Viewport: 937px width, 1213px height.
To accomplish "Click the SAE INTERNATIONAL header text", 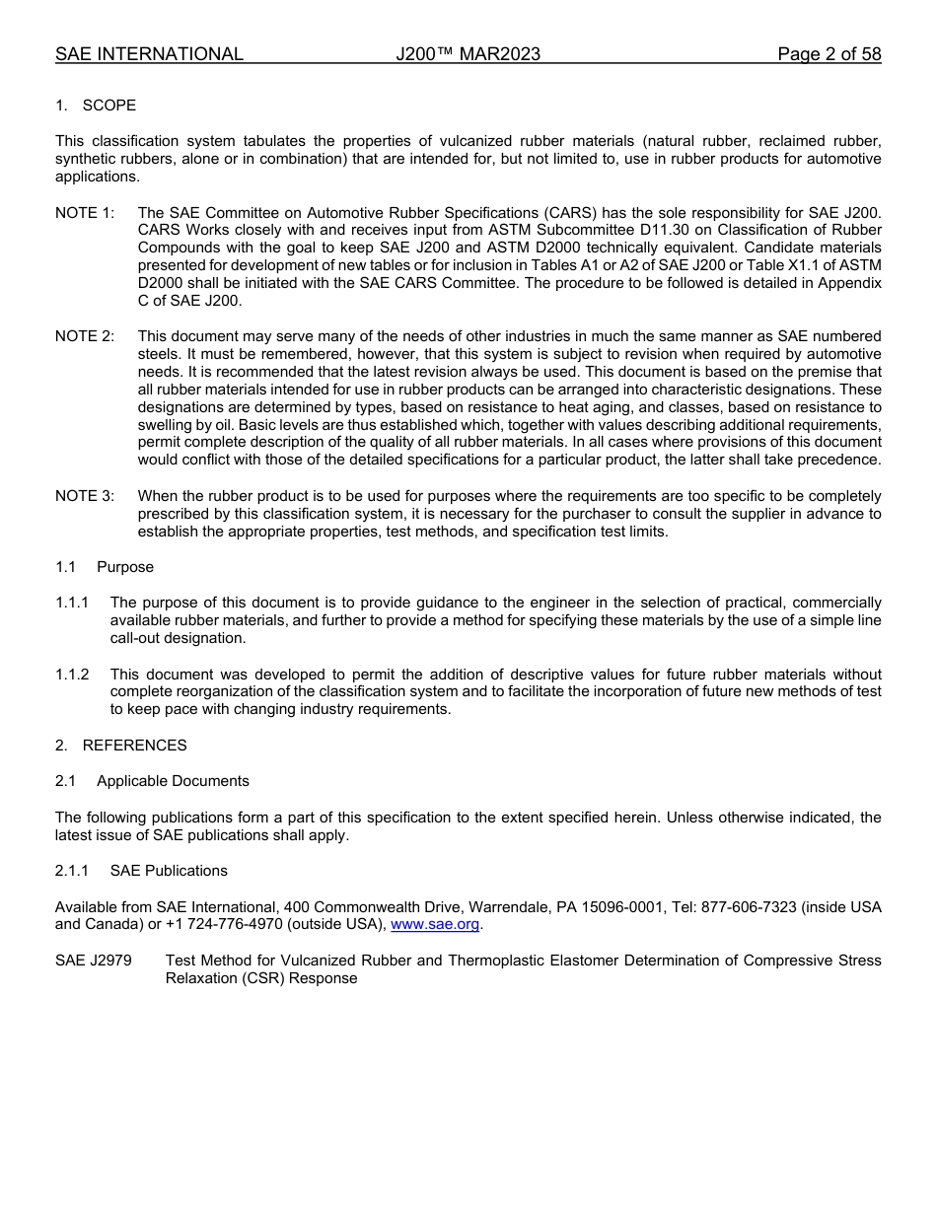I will [149, 54].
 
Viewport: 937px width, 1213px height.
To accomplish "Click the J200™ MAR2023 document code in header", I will [468, 54].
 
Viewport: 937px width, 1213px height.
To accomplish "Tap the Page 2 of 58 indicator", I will [829, 54].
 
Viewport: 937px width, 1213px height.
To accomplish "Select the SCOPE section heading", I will [108, 106].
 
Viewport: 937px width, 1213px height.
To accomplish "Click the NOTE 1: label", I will [84, 213].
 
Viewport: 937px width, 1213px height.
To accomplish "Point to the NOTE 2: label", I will [84, 337].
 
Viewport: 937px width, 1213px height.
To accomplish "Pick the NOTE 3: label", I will [84, 496].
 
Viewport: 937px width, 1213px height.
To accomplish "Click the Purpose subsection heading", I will [124, 567].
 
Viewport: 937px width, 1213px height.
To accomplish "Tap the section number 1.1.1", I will [72, 603].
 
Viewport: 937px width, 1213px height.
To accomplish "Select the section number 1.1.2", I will [72, 675].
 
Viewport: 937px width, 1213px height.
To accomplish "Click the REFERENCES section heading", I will [134, 746].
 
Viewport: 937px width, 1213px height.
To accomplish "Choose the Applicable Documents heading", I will [173, 781].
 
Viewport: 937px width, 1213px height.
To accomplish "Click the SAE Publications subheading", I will [169, 871].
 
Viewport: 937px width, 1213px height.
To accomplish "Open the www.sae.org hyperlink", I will [435, 925].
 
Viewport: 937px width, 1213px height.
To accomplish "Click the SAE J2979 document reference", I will [94, 961].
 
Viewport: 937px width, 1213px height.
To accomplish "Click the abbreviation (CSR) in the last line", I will [259, 978].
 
